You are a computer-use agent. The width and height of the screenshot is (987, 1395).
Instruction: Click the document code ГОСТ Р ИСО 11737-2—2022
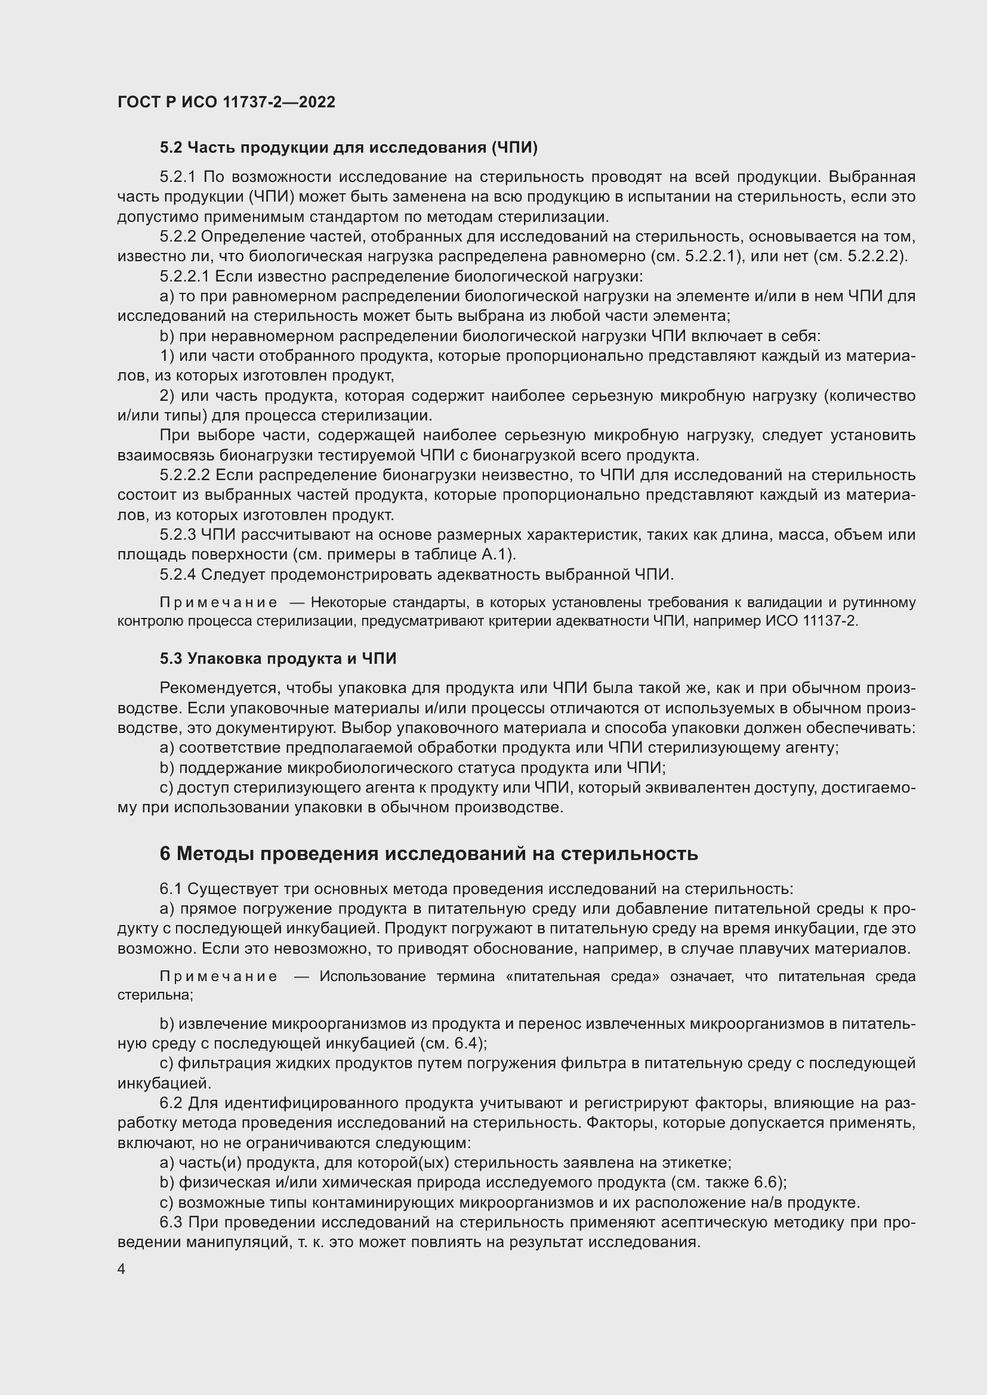tap(226, 102)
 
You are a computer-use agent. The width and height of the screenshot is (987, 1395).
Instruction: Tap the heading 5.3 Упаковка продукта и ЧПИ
tap(277, 658)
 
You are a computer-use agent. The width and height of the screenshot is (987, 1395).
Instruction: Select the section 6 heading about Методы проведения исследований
tap(428, 853)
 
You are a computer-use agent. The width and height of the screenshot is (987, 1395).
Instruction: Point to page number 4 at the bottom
tap(122, 1269)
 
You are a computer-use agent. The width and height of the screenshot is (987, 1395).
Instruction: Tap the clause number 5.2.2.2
tap(185, 475)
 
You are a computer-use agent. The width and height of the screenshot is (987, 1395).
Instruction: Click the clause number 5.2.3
tap(177, 534)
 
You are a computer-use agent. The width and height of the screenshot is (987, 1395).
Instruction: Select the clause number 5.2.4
tap(177, 574)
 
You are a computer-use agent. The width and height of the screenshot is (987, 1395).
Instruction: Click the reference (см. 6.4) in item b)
tap(452, 1043)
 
